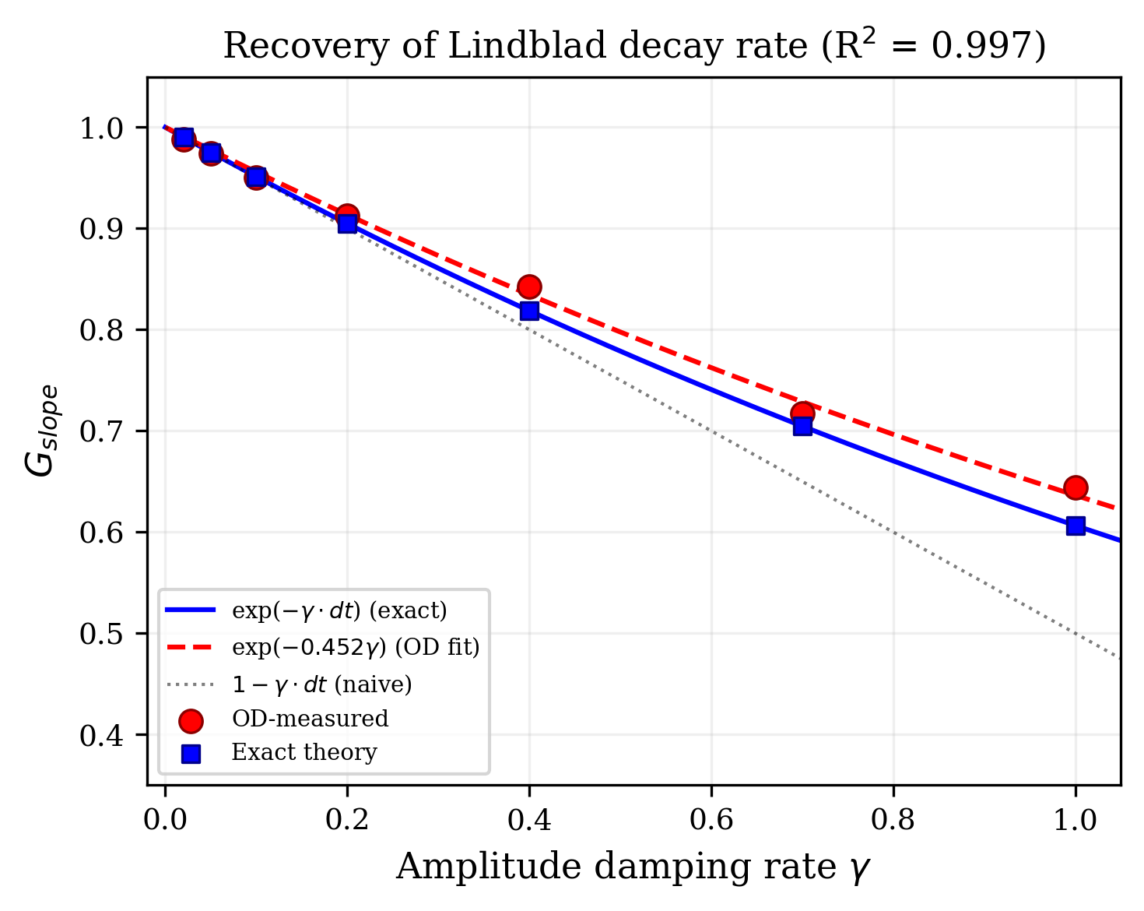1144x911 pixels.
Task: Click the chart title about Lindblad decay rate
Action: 633,47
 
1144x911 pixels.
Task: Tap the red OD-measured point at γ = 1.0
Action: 1076,487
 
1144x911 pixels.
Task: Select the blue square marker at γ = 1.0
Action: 1076,526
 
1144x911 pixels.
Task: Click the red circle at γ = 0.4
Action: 529,287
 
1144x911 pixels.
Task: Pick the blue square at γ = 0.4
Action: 529,311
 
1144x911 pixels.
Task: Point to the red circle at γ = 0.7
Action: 802,413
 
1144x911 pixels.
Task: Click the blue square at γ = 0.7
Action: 802,427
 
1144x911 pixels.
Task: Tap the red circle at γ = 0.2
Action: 347,214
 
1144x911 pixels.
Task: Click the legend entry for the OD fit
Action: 355,648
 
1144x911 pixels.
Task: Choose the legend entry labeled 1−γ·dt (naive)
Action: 321,685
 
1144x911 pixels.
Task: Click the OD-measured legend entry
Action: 310,719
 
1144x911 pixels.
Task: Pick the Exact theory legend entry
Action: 304,753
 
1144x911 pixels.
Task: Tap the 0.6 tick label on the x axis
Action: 711,820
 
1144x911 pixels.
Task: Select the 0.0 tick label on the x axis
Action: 165,820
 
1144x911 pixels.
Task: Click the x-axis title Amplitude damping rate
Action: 632,867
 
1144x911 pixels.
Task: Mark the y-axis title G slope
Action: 40,430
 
